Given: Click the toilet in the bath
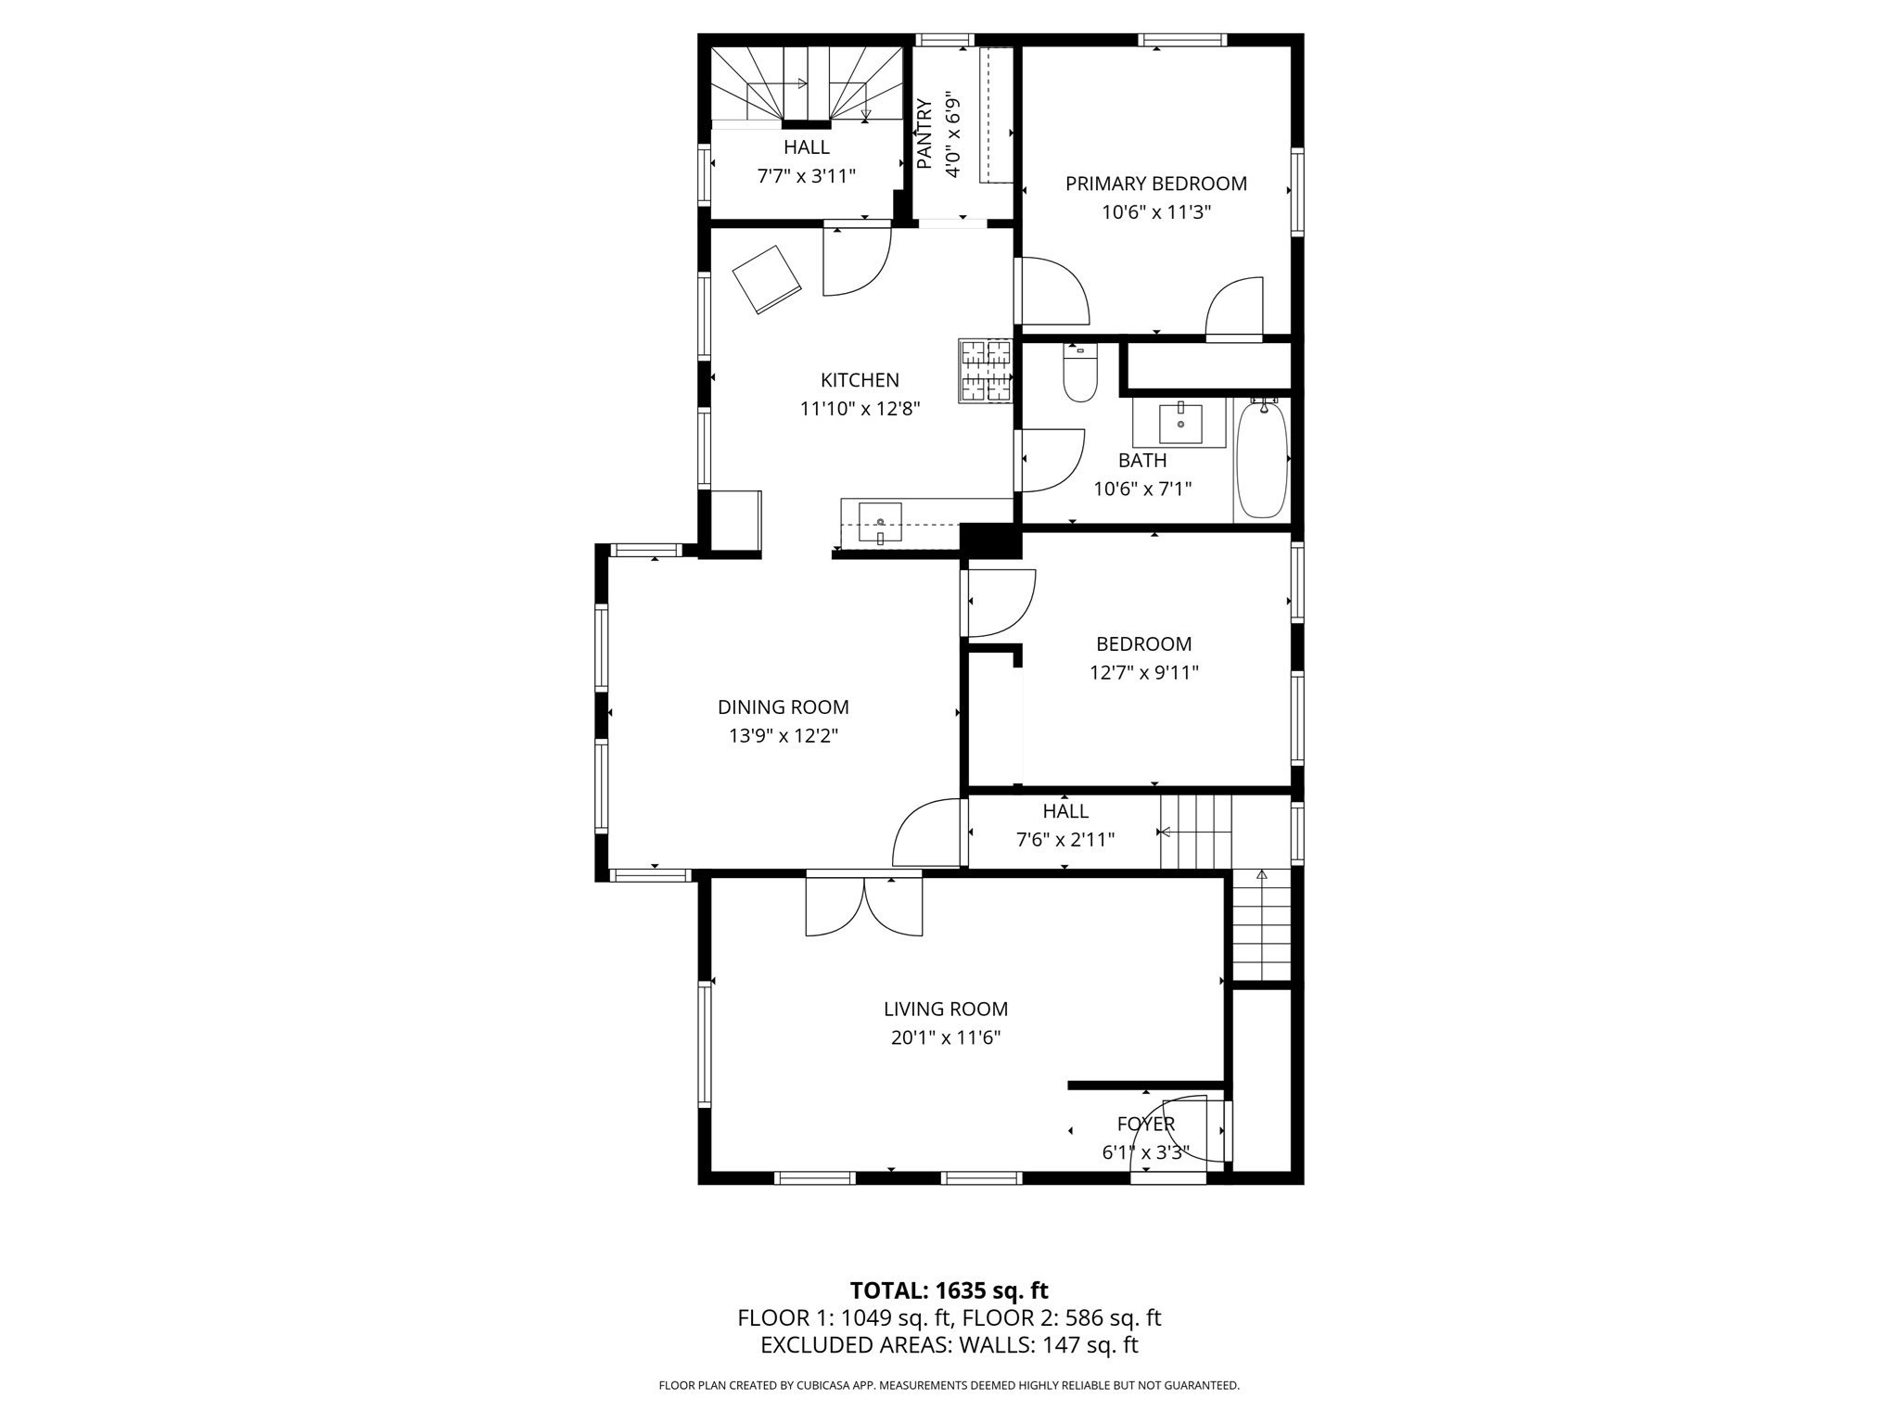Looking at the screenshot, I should point(1079,375).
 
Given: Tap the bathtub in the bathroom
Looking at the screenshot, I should point(1261,460).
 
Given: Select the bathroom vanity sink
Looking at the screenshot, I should point(1180,424).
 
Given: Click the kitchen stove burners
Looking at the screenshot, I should point(985,371).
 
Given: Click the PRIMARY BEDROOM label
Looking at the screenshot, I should point(1155,184).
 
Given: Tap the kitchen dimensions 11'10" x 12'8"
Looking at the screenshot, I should point(860,409).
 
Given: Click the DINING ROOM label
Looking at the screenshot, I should point(783,707).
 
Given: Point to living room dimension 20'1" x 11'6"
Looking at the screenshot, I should point(945,1038).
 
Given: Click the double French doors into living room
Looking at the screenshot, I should point(864,906).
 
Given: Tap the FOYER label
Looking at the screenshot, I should point(1145,1125).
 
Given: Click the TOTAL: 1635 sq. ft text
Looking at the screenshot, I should point(949,1290).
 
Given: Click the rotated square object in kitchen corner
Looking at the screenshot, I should point(767,279).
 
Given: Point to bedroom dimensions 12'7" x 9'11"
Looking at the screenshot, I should point(1143,673).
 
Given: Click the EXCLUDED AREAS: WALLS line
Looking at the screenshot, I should point(949,1345).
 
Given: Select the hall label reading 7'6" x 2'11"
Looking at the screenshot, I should point(1064,840).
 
